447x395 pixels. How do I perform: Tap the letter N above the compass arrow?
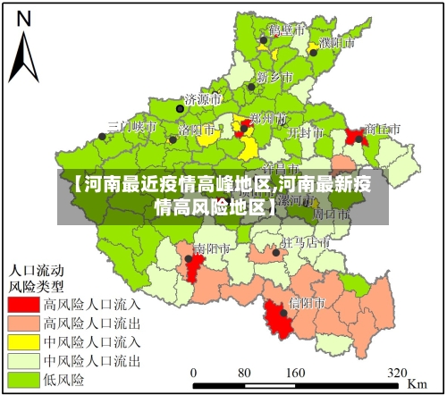[24, 18]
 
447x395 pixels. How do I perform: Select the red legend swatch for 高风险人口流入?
[24, 305]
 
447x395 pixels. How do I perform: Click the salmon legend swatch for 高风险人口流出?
[24, 324]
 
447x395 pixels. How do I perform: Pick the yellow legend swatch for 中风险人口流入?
[24, 342]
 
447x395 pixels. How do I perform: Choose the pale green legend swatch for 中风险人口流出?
[24, 361]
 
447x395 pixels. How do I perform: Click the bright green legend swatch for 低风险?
[24, 380]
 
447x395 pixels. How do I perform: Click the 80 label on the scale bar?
[243, 372]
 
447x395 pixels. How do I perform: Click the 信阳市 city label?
[308, 303]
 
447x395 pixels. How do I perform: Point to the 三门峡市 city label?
[131, 127]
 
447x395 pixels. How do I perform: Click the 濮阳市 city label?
[337, 42]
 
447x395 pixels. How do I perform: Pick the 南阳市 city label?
[213, 248]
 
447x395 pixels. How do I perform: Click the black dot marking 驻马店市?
[276, 252]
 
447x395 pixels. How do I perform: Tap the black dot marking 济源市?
[180, 108]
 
